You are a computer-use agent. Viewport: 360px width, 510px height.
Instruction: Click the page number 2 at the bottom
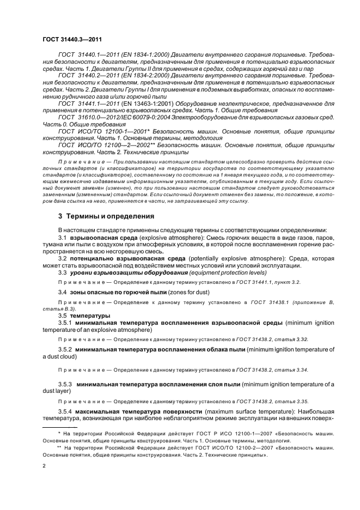tap(44, 466)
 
